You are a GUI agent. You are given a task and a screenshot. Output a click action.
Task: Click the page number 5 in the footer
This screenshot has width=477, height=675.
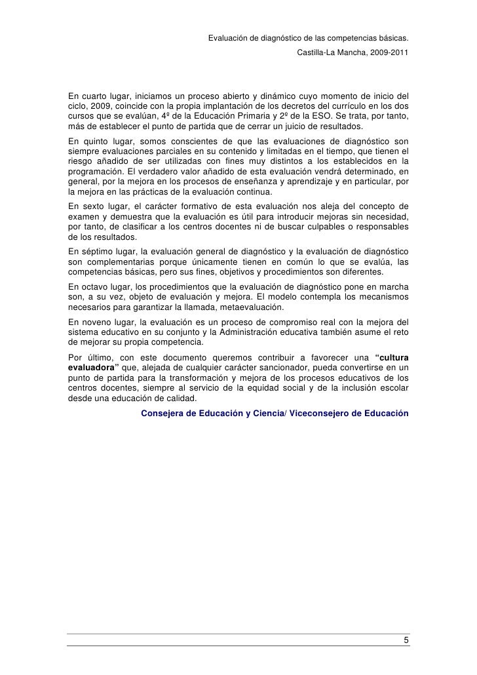406,640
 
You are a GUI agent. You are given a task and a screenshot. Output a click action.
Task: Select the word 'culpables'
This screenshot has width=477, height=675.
314,227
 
